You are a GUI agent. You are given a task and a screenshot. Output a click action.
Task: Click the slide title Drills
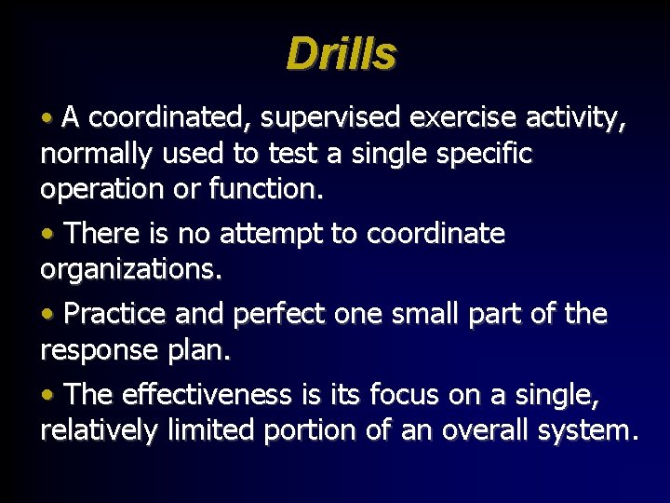click(x=341, y=54)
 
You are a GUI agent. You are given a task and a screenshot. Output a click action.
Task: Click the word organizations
click(x=131, y=269)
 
